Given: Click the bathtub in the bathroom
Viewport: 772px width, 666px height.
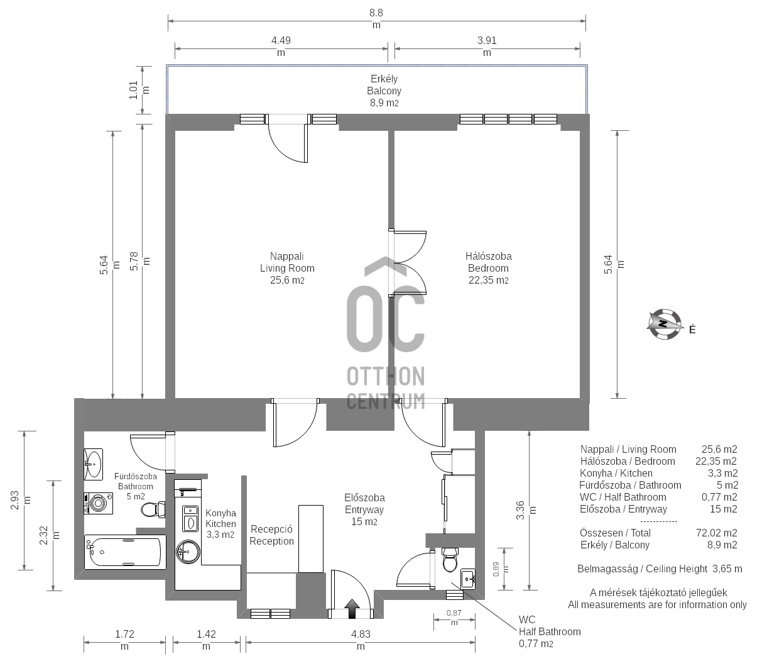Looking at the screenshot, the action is pos(125,552).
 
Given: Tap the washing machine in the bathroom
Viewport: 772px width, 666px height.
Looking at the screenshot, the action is pos(98,503).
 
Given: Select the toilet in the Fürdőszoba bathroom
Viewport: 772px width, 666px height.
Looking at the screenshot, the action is pos(153,509).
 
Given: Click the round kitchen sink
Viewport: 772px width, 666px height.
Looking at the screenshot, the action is pos(188,552).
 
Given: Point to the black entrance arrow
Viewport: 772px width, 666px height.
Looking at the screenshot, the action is pos(352,609).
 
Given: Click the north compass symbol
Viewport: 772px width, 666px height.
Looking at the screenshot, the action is pos(664,324).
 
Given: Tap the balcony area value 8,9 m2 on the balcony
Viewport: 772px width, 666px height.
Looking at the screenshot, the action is pos(384,103).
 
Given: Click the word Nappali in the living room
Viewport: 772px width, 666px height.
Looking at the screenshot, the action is pos(287,256).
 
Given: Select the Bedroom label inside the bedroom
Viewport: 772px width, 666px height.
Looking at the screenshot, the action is pos(488,268).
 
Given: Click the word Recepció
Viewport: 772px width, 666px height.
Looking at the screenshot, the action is pos(271,529).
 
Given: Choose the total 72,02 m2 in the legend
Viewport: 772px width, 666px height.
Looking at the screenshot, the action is pos(716,533).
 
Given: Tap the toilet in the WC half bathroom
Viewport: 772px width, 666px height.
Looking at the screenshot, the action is pos(450,560).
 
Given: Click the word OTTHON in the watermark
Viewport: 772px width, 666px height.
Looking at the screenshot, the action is pos(386,376).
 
